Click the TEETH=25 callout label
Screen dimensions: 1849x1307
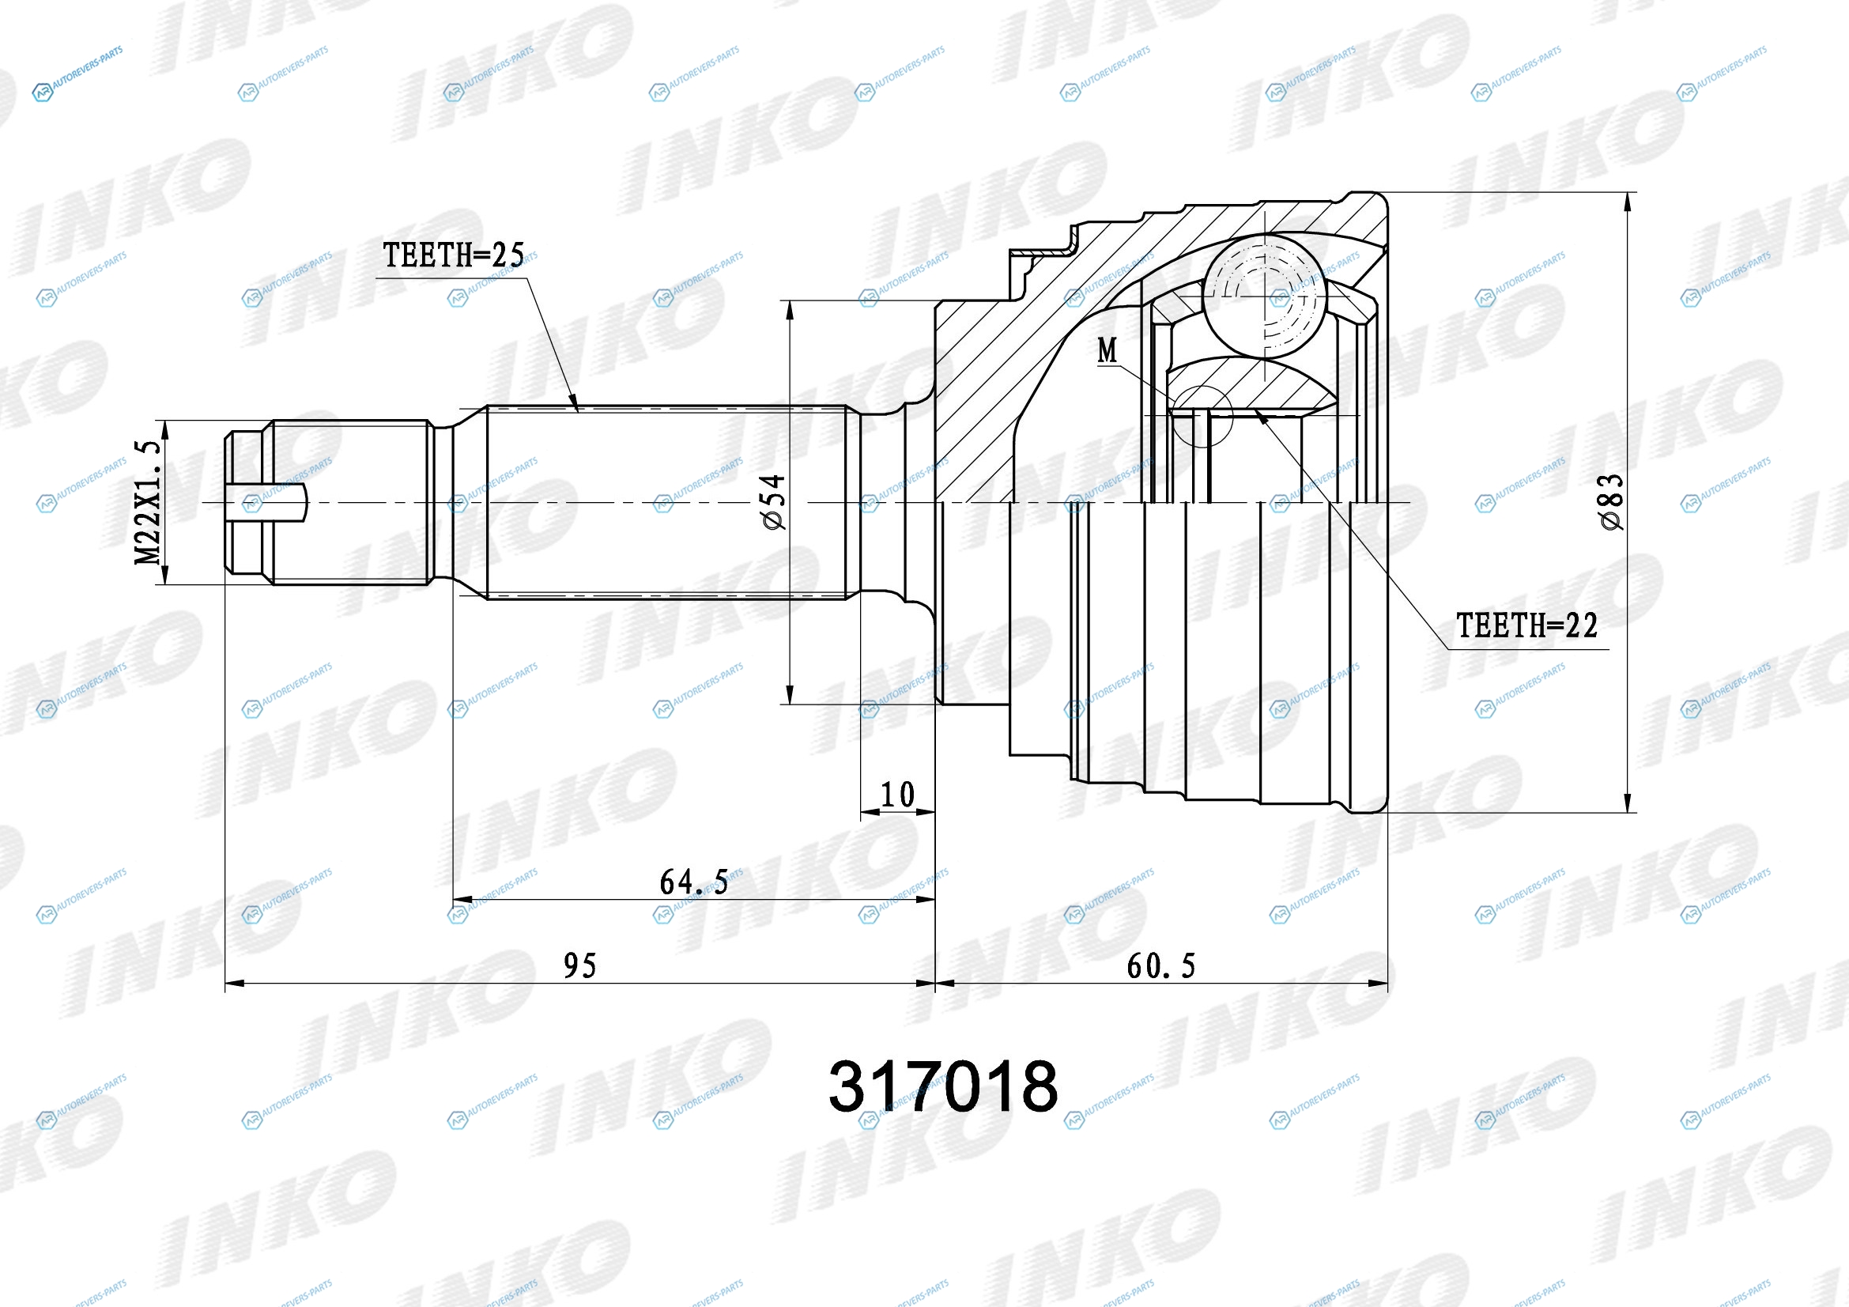[454, 255]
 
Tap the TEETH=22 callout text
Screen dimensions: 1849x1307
[1527, 625]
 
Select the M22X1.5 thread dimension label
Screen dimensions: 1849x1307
[147, 502]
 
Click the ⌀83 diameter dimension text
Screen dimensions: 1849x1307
[1611, 502]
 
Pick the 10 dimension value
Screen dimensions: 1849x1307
[897, 795]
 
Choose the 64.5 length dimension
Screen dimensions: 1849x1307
[694, 882]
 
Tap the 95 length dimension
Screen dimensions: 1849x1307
[579, 965]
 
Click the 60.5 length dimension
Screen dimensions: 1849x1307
[1161, 965]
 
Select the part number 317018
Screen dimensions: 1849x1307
[943, 1086]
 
